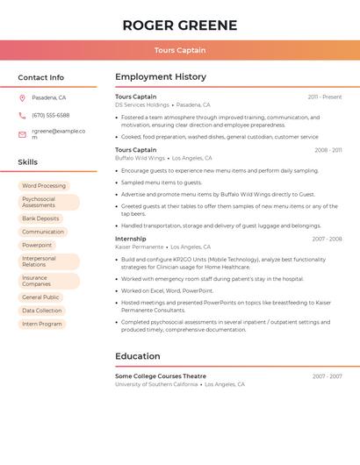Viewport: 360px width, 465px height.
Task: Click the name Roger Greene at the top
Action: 180,25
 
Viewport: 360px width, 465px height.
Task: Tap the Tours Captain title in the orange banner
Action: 180,50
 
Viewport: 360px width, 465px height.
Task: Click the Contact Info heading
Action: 41,77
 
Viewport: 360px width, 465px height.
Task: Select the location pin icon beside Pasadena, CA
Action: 22,97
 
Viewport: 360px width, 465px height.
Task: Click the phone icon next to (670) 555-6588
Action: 22,115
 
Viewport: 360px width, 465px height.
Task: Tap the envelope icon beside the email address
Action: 22,134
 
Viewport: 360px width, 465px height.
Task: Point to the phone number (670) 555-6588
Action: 51,115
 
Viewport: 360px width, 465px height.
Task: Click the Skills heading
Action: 28,162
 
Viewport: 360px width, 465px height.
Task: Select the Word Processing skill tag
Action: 44,186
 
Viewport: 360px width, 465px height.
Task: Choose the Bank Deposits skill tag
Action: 40,218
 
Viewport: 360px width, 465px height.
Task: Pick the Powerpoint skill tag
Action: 37,245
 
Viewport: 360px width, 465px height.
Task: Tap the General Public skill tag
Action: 40,297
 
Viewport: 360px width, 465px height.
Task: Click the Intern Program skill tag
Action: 42,324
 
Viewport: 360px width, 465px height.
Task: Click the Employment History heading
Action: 161,77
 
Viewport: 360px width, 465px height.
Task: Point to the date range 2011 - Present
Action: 325,97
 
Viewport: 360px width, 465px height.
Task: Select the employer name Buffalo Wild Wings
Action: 140,158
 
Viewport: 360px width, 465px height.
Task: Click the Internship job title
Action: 131,239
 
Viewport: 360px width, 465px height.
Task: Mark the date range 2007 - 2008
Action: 327,239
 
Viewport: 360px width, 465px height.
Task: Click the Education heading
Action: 138,356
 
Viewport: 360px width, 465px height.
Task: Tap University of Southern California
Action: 156,384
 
